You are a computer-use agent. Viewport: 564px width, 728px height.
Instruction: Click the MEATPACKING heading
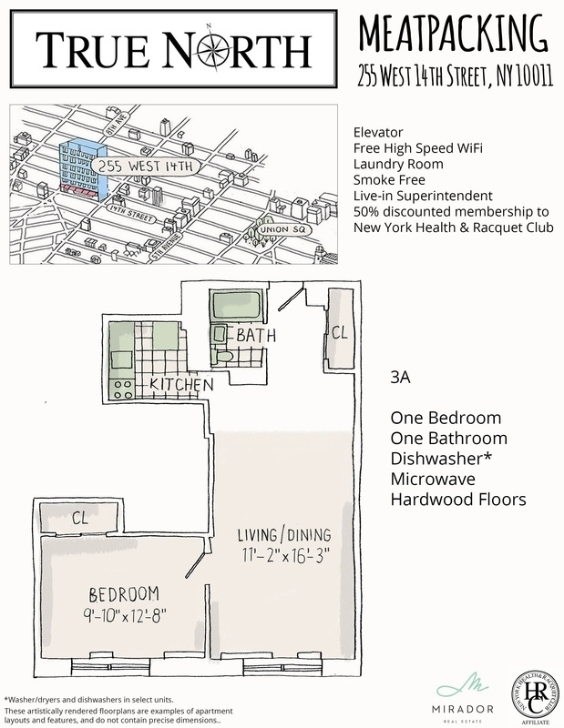(452, 34)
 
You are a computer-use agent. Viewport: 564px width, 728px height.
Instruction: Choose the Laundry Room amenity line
(399, 165)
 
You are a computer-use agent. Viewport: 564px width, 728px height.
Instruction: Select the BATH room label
(256, 335)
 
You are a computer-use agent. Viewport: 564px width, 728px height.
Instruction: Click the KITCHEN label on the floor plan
(181, 384)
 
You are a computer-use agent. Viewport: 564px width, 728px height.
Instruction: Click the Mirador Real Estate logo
(464, 692)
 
